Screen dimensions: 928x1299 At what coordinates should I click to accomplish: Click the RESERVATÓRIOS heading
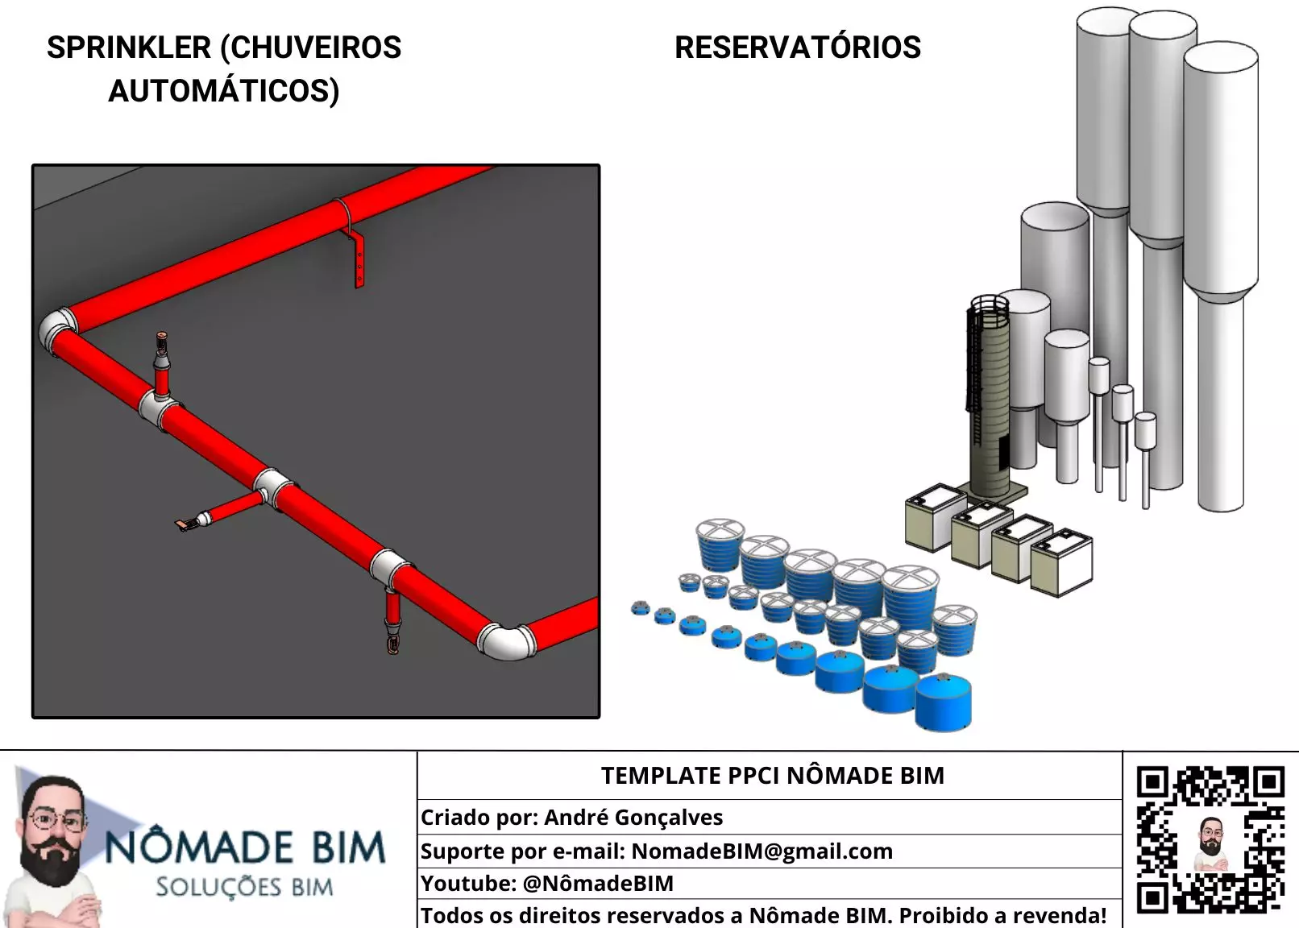(x=797, y=48)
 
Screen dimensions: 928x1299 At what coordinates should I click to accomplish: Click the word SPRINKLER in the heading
(x=128, y=48)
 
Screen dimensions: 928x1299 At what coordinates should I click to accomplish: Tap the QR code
(x=1210, y=839)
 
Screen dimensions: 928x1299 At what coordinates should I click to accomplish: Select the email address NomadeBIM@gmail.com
(x=762, y=851)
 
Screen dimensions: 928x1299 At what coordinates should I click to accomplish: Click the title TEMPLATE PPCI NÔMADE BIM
(x=772, y=776)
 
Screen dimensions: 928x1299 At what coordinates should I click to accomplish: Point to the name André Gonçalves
(x=633, y=818)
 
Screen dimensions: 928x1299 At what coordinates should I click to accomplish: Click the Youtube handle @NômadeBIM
(x=598, y=884)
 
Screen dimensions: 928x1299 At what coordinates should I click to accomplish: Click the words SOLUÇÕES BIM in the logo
(x=244, y=888)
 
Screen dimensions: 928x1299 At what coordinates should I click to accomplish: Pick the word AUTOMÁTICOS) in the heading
(x=224, y=91)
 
